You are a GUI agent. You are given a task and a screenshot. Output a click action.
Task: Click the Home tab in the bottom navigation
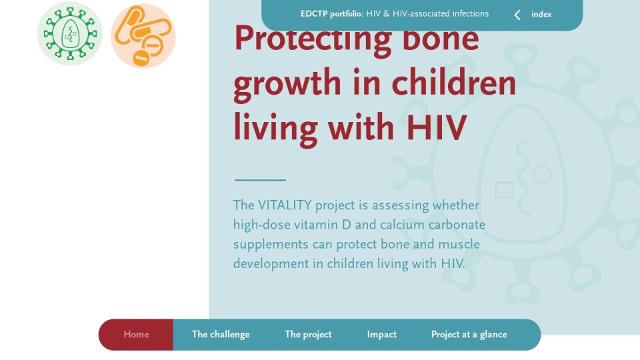pos(136,334)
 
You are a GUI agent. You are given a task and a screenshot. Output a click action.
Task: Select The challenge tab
pos(221,334)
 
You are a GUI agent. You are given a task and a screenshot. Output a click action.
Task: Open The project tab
pos(308,334)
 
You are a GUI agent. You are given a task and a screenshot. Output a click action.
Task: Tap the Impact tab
pos(381,334)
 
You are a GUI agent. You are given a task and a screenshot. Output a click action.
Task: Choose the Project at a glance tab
pos(469,334)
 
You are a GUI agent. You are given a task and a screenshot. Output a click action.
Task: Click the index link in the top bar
pos(541,14)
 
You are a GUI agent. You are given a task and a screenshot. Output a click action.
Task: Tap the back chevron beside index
pos(517,15)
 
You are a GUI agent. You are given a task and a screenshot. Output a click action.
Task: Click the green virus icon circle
pos(70,33)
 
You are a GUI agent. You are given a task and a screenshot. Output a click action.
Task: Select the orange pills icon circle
pos(143,36)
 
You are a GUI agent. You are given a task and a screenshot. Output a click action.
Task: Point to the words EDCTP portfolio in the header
pos(331,14)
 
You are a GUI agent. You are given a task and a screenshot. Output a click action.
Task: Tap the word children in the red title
pos(454,83)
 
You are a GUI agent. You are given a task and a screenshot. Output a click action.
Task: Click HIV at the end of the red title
pos(436,128)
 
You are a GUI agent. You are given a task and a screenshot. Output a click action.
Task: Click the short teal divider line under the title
pos(261,179)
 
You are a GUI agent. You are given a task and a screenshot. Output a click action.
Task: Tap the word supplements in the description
pos(271,245)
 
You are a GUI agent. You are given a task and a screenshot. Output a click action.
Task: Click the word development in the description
pos(271,264)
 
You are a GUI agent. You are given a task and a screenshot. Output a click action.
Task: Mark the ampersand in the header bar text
pos(386,14)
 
